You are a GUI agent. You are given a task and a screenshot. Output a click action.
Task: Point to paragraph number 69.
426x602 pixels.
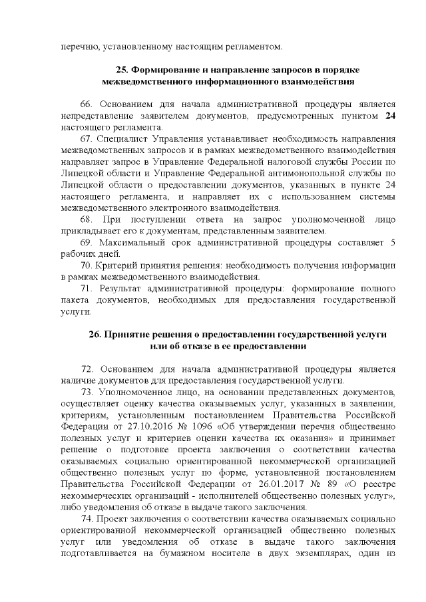[x=86, y=243]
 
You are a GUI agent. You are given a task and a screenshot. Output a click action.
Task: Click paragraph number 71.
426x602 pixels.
[x=86, y=288]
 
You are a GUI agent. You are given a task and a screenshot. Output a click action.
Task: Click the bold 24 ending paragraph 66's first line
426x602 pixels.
[x=391, y=116]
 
